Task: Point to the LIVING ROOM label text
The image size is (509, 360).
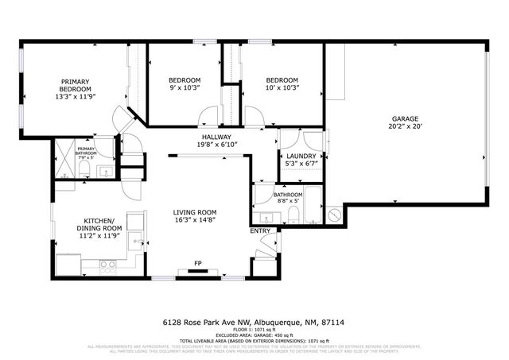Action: point(196,212)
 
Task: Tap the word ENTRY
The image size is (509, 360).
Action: point(260,230)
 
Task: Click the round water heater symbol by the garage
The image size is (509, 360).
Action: point(335,214)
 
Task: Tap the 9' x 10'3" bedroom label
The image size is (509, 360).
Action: point(184,84)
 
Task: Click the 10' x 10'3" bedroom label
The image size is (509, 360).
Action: point(282,84)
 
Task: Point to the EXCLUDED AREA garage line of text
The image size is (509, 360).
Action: point(254,334)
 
